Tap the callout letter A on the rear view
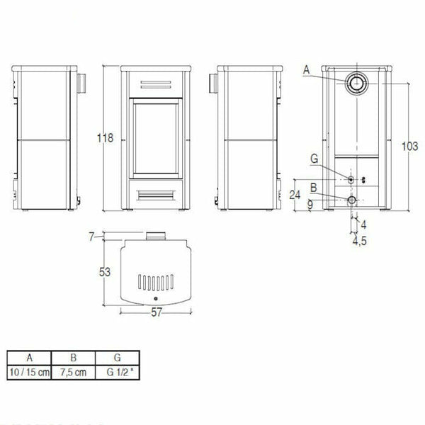click(x=305, y=69)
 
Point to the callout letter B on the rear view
click(x=312, y=187)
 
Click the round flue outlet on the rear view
click(x=355, y=84)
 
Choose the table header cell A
click(x=28, y=358)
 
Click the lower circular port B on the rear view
click(x=352, y=202)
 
